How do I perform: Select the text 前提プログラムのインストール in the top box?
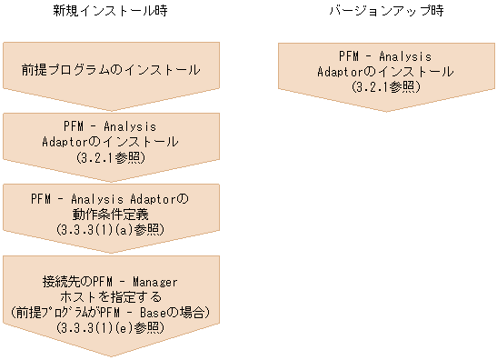point(110,69)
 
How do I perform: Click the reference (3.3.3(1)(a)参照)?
point(110,228)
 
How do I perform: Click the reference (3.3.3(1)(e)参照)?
point(110,326)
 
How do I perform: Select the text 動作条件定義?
point(110,214)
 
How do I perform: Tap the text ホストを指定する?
point(110,297)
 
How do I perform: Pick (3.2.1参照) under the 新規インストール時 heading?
point(110,156)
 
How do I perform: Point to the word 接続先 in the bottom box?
point(62,282)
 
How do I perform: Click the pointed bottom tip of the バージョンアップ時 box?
point(388,111)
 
